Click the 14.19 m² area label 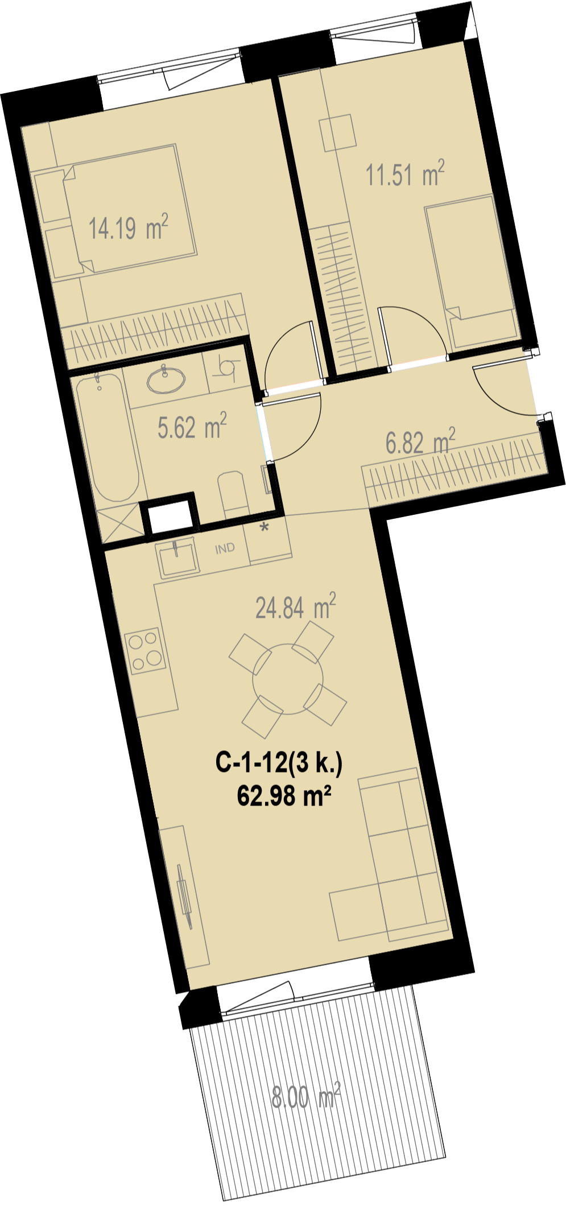click(x=129, y=227)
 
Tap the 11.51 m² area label click(x=405, y=174)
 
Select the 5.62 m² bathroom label click(x=192, y=427)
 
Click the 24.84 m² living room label click(x=296, y=606)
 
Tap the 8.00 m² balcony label click(x=306, y=1096)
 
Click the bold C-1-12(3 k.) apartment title click(x=279, y=762)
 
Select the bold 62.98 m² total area click(x=284, y=795)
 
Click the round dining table click(x=288, y=679)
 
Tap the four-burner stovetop click(x=146, y=651)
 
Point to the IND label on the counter click(x=225, y=548)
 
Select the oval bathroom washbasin click(x=166, y=379)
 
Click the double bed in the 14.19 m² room click(x=130, y=209)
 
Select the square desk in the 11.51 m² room click(x=338, y=133)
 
